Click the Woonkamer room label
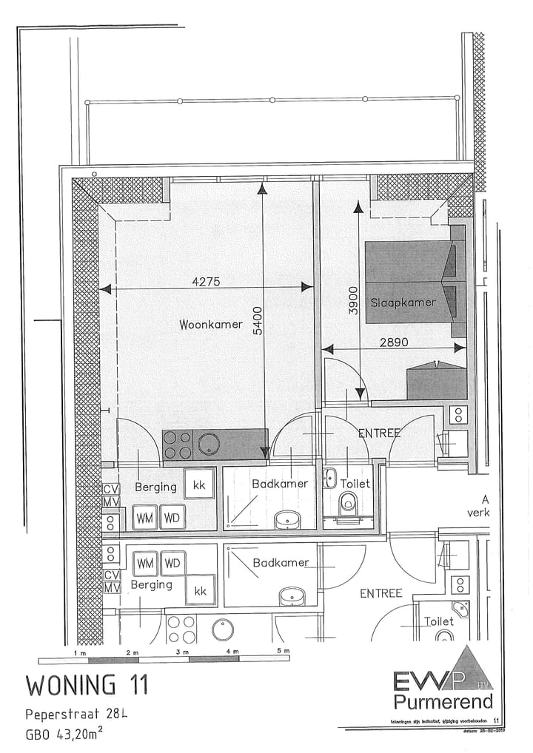tap(211, 325)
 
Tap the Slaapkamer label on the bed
tap(402, 303)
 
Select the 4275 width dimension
tap(206, 281)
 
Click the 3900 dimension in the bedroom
tap(352, 302)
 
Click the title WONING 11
tap(87, 684)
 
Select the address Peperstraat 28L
tap(76, 715)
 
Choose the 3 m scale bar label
tap(182, 652)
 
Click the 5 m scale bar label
tap(283, 651)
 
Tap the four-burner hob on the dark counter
tap(178, 445)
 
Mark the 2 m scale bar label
tap(131, 652)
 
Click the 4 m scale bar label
tap(232, 652)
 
